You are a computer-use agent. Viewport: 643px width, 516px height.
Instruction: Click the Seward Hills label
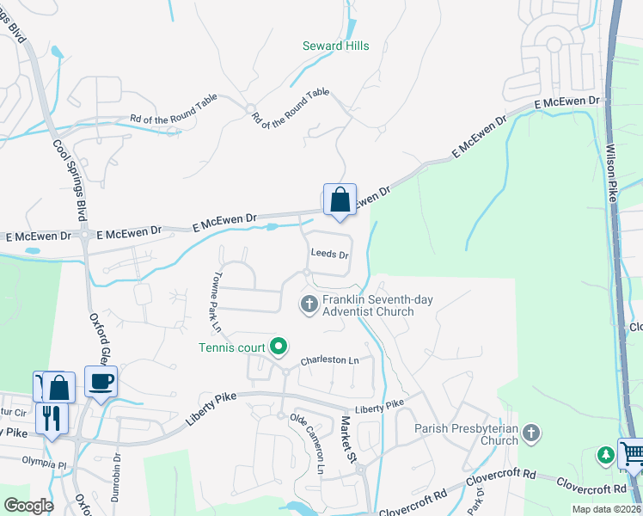tap(336, 46)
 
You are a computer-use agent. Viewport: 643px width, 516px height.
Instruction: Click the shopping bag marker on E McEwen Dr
tap(340, 200)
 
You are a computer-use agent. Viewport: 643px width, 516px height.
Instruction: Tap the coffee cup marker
tap(101, 382)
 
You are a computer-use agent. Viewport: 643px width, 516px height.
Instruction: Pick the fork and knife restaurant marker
tap(50, 418)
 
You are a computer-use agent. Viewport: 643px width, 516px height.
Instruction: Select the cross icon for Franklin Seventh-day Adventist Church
tap(309, 304)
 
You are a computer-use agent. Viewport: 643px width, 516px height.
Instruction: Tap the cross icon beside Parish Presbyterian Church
tap(532, 432)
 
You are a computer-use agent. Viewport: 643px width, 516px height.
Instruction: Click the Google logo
tap(28, 505)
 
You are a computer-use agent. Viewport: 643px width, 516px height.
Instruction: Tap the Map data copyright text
tap(606, 509)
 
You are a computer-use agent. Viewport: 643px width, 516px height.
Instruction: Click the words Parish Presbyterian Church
tap(465, 434)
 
